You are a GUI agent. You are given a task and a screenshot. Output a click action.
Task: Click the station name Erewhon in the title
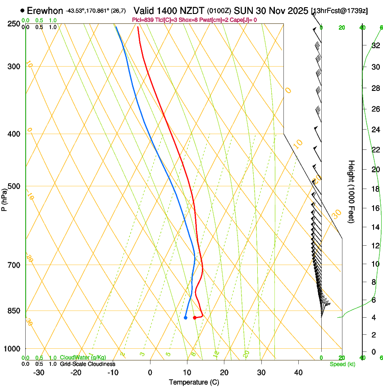point(45,10)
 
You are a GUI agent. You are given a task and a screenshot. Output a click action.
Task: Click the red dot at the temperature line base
point(195,318)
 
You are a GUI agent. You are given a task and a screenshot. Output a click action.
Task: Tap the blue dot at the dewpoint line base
point(186,318)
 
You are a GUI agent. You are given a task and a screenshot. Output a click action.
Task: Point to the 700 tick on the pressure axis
point(14,265)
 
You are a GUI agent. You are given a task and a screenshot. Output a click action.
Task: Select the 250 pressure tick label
point(14,24)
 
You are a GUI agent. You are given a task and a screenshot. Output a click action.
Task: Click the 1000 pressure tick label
point(12,349)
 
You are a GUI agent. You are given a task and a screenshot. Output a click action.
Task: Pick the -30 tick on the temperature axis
point(39,373)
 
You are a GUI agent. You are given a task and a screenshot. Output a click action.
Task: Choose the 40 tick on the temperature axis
point(298,373)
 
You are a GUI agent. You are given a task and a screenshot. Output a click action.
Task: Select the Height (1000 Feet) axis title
point(351,191)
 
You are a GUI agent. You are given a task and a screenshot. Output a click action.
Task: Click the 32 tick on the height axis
point(375,45)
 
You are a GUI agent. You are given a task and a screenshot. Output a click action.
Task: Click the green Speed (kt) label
point(342,364)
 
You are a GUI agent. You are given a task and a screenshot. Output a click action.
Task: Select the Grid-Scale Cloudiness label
point(87,364)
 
